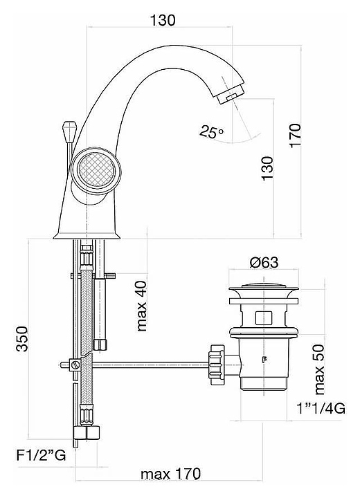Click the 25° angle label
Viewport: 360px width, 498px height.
click(x=211, y=131)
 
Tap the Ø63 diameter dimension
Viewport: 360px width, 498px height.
click(x=264, y=262)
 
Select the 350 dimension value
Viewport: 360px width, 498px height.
click(x=23, y=338)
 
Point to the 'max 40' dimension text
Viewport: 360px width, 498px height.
click(x=141, y=306)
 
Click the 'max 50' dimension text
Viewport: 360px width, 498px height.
click(x=319, y=369)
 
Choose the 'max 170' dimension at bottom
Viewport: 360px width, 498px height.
click(x=171, y=474)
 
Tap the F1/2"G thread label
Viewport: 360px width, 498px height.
click(x=41, y=456)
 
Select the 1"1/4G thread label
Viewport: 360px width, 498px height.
click(x=321, y=409)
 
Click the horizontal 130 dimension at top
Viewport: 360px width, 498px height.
click(x=162, y=20)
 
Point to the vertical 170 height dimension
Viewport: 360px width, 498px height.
click(x=295, y=136)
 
